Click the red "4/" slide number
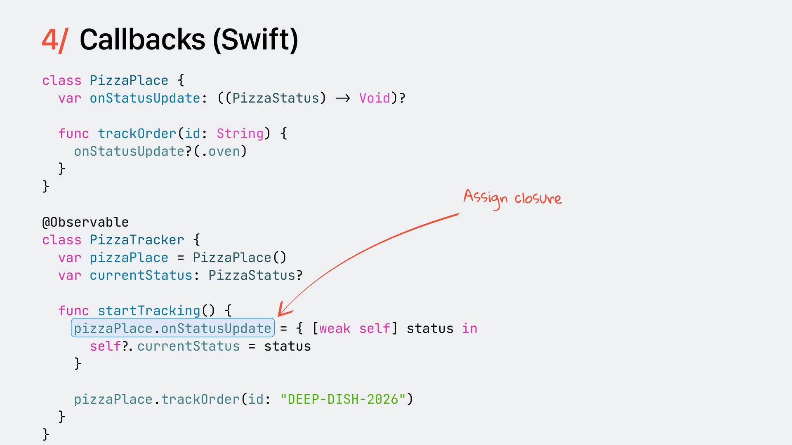click(x=54, y=40)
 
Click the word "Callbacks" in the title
click(x=142, y=40)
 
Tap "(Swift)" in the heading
click(x=255, y=40)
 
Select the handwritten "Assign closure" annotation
click(x=512, y=198)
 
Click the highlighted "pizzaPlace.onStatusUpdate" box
click(x=173, y=328)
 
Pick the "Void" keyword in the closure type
click(x=375, y=98)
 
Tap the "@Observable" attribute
click(x=85, y=222)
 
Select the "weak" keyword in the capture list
click(x=335, y=328)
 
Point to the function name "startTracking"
click(x=149, y=311)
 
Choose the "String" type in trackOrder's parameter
click(x=240, y=133)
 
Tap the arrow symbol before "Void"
click(x=343, y=98)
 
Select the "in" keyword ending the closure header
click(x=469, y=328)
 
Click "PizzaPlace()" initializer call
click(x=239, y=258)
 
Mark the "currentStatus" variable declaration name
click(x=141, y=275)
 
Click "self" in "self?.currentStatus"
click(x=106, y=346)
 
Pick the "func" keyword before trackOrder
click(x=73, y=133)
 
